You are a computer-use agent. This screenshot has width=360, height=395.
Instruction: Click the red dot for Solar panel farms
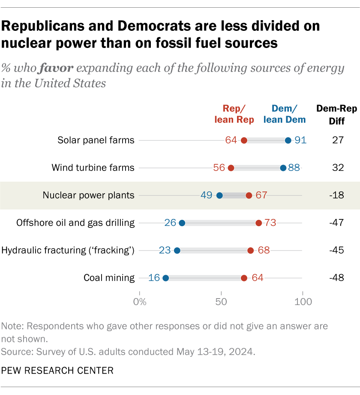click(244, 140)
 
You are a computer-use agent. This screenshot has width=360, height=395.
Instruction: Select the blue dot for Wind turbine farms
click(283, 168)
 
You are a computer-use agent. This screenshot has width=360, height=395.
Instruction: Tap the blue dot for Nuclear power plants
click(219, 195)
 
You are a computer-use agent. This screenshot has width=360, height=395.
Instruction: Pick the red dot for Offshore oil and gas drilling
click(258, 223)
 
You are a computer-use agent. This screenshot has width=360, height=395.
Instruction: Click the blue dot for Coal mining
click(166, 278)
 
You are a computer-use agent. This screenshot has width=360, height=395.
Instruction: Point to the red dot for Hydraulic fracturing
click(250, 250)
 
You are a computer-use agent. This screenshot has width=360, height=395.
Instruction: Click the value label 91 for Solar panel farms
click(300, 140)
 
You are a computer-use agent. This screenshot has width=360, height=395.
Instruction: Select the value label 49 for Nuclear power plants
click(206, 195)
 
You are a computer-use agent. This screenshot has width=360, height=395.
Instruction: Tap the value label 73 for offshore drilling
click(270, 223)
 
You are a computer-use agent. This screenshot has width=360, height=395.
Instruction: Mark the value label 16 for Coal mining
click(154, 278)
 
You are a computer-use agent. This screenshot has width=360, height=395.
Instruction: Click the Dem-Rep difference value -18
click(336, 195)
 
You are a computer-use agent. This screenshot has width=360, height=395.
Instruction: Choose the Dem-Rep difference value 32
click(337, 168)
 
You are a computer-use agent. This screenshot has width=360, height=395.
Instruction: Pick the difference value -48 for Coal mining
click(336, 278)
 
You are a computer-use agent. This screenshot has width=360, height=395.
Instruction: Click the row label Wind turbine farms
click(93, 168)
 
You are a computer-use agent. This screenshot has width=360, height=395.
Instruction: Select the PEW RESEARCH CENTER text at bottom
click(57, 371)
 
